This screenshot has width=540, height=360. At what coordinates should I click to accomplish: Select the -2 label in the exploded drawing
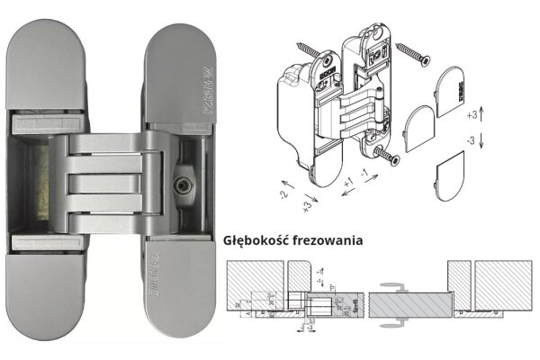283,193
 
